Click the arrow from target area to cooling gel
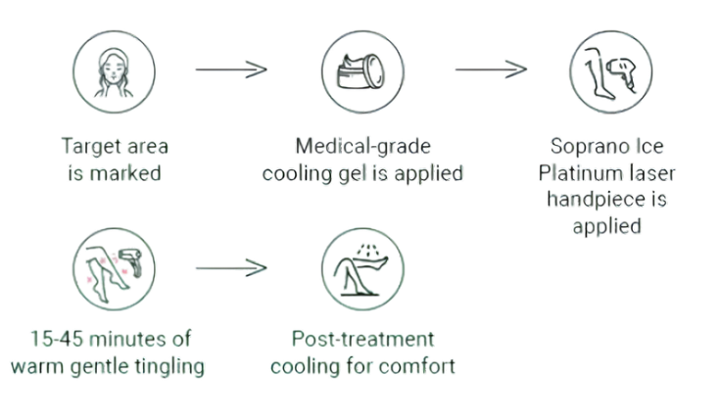[x=231, y=70]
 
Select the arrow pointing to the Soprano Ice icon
[x=491, y=70]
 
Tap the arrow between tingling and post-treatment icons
[x=231, y=266]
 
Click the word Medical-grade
[x=363, y=147]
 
